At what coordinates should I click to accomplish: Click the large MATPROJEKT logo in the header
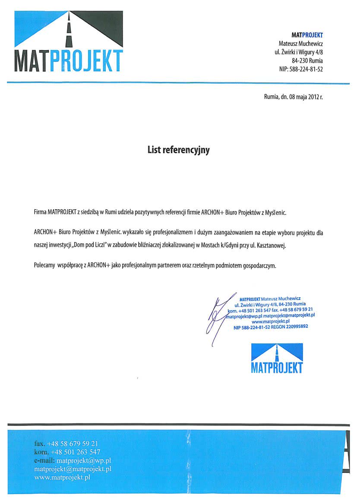click(x=68, y=42)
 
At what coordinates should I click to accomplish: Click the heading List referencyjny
click(x=178, y=150)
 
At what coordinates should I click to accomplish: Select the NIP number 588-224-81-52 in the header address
click(x=307, y=69)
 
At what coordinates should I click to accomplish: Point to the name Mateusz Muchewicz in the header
click(x=301, y=44)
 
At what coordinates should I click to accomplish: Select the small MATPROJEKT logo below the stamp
click(x=277, y=358)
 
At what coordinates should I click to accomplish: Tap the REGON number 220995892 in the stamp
click(x=295, y=327)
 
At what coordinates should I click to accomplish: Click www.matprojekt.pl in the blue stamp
click(x=270, y=321)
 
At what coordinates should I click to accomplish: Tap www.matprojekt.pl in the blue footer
click(x=62, y=478)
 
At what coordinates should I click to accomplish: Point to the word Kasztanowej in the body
click(x=271, y=246)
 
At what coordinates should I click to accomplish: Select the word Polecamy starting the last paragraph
click(x=44, y=266)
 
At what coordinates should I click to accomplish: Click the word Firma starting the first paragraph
click(x=40, y=213)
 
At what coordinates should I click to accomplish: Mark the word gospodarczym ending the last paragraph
click(x=259, y=266)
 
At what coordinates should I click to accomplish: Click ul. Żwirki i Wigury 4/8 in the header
click(x=299, y=52)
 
